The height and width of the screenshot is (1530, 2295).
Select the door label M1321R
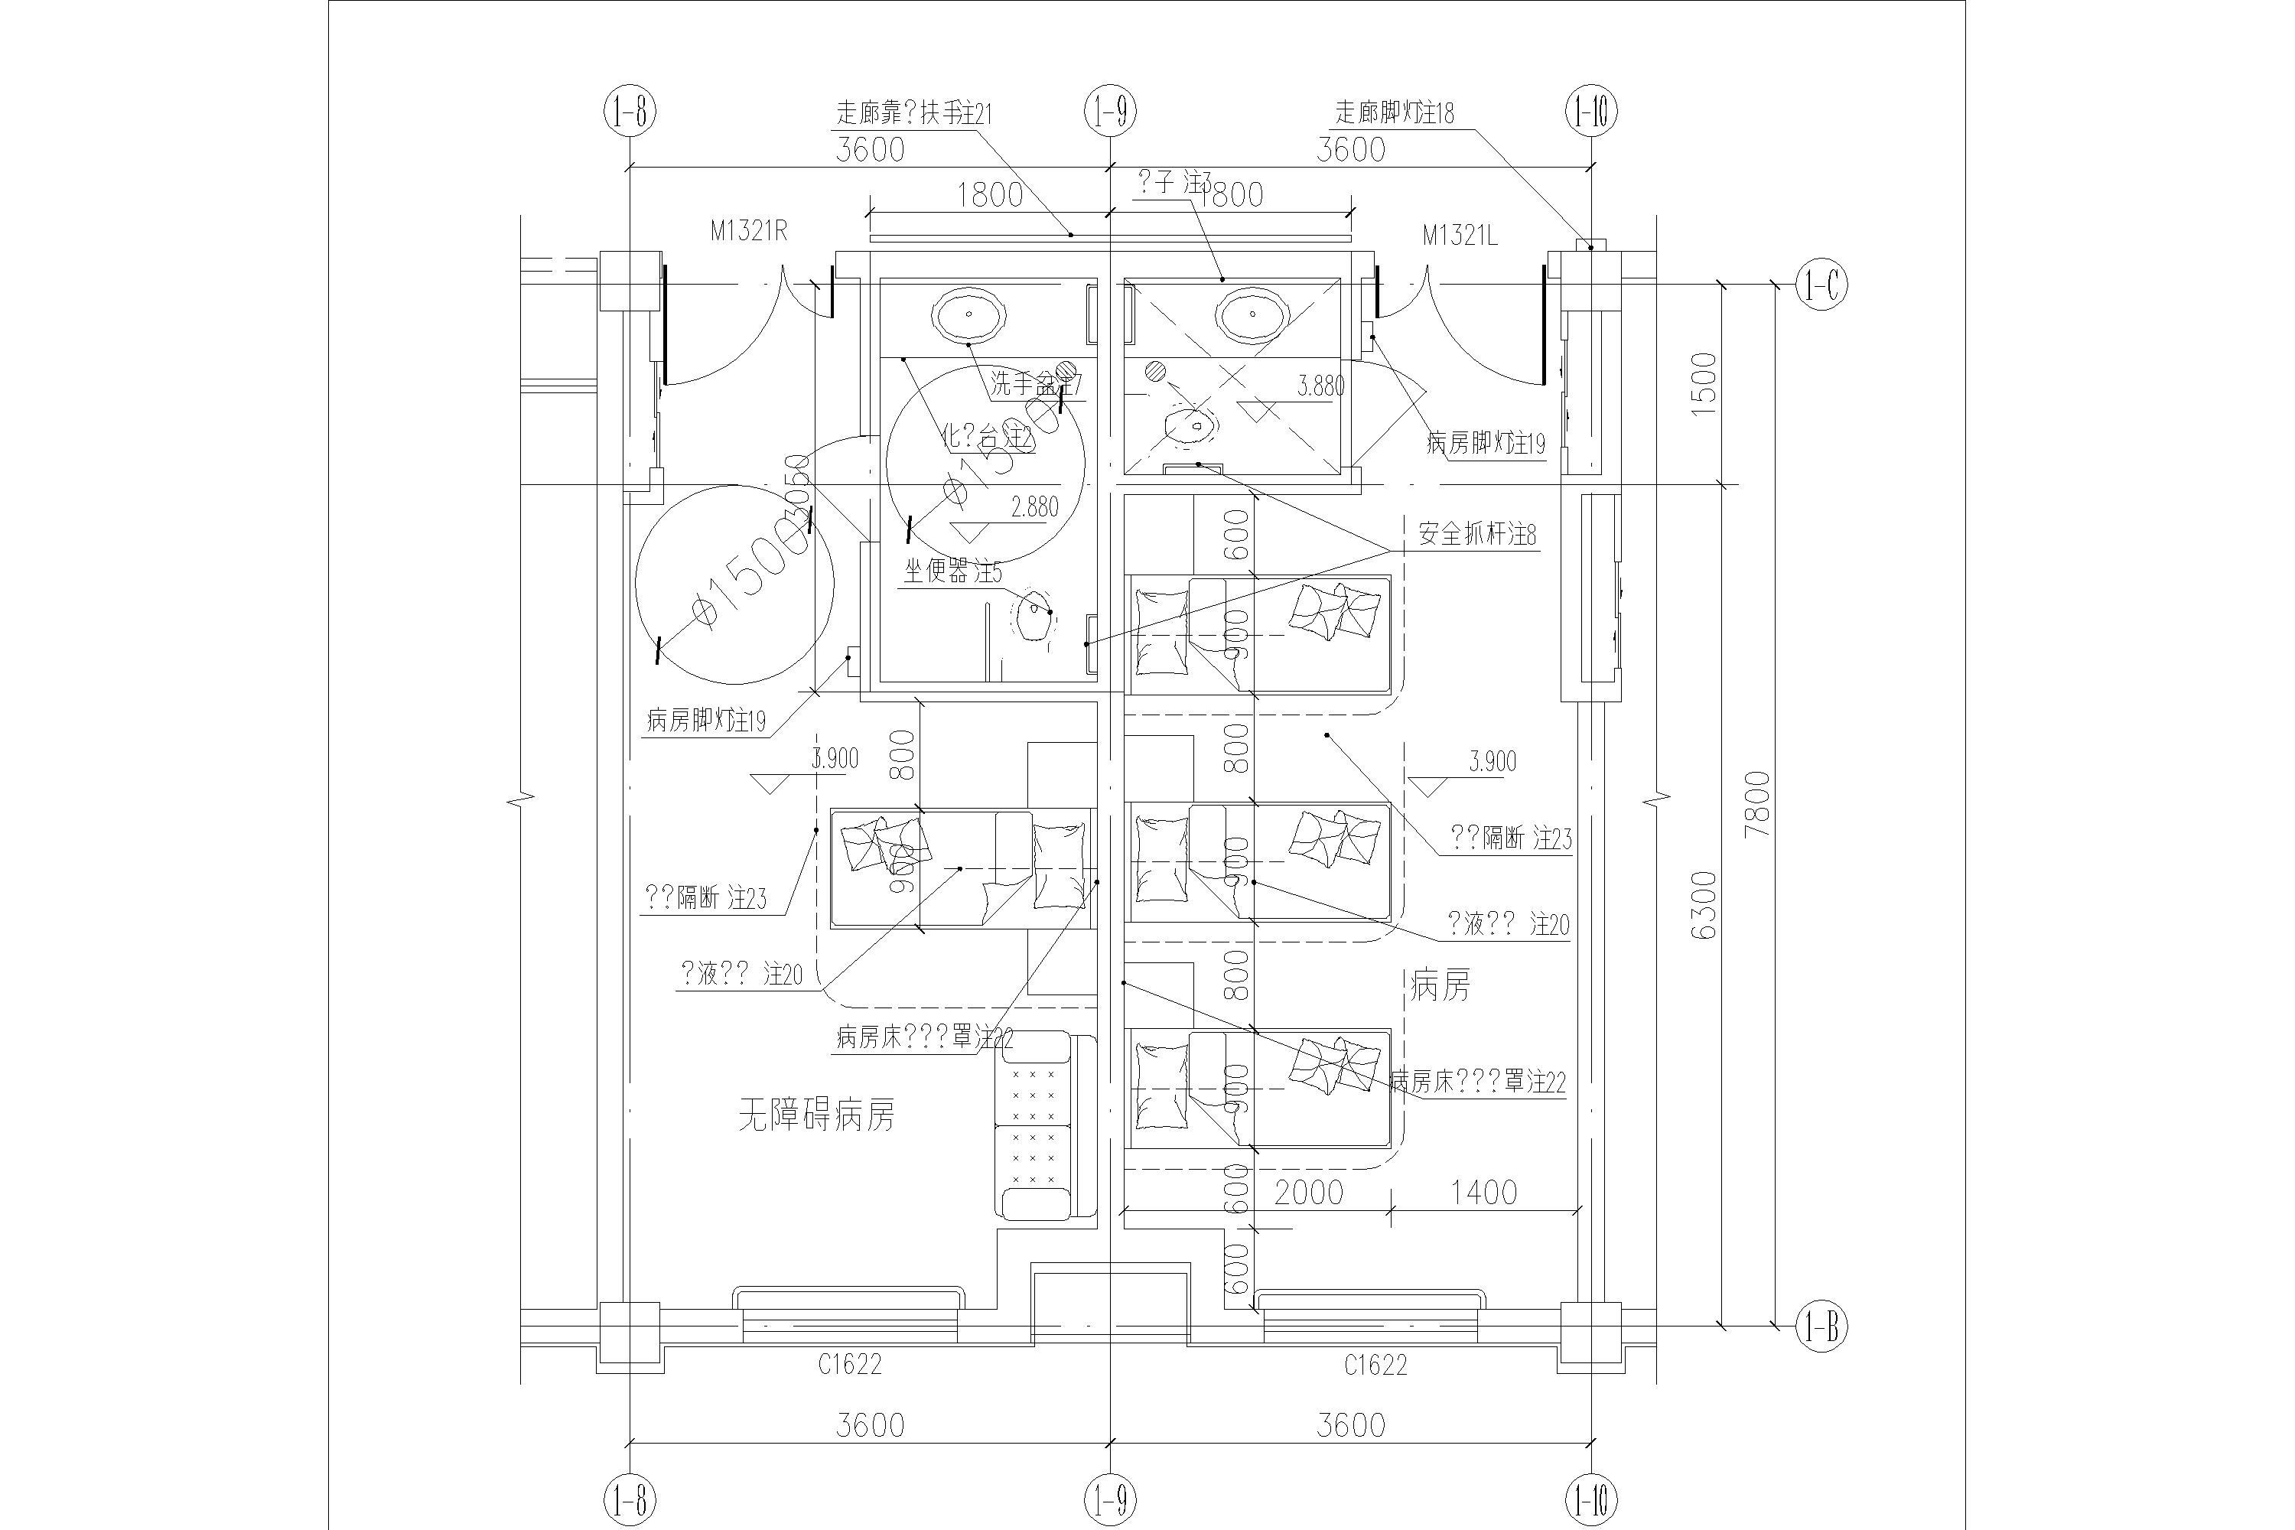pyautogui.click(x=748, y=231)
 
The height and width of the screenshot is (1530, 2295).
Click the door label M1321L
pyautogui.click(x=1459, y=235)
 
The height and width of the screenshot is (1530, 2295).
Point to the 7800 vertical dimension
pyautogui.click(x=1756, y=805)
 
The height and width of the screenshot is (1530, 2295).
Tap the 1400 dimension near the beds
pyautogui.click(x=1483, y=1193)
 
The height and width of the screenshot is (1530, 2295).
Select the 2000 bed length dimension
pyautogui.click(x=1308, y=1193)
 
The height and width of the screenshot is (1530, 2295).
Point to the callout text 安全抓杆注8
pyautogui.click(x=1476, y=535)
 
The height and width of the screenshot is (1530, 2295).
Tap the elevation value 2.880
pyautogui.click(x=1034, y=507)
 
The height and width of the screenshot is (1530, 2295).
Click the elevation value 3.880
pyautogui.click(x=1320, y=386)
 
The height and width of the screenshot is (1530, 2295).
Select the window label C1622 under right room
pyautogui.click(x=1375, y=1365)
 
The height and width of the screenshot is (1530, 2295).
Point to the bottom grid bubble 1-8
pyautogui.click(x=630, y=1498)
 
